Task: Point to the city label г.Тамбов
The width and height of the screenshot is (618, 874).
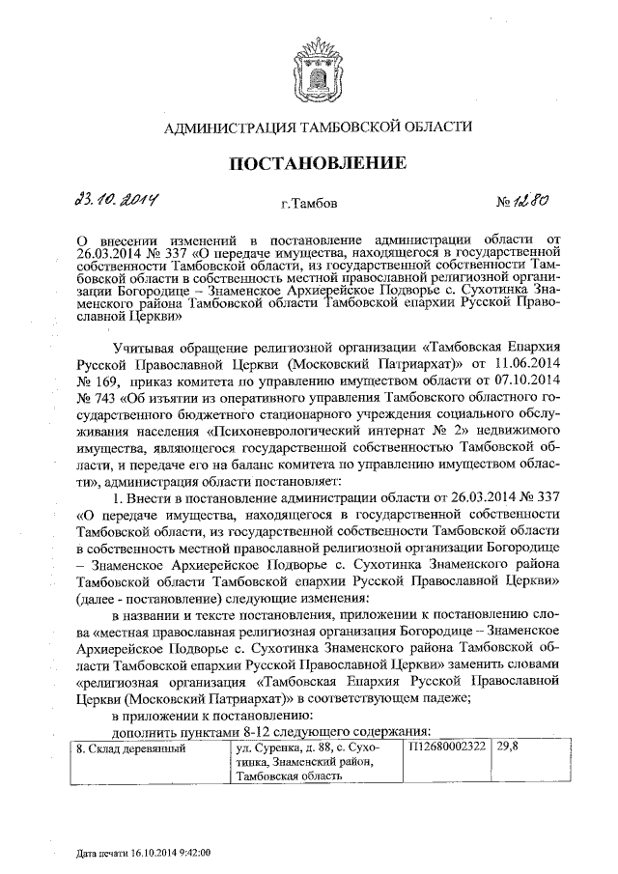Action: (308, 205)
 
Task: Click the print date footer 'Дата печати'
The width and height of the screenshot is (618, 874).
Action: (144, 854)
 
